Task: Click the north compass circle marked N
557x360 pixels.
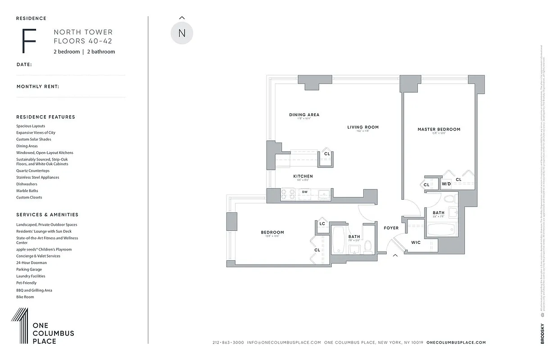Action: (x=182, y=33)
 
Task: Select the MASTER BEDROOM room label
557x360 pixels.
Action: (x=439, y=130)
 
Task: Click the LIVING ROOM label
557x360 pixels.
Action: (x=363, y=127)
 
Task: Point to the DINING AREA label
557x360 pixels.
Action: (x=304, y=115)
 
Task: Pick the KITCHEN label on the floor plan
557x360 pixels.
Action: (x=303, y=176)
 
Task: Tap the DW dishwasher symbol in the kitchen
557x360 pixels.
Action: (x=305, y=192)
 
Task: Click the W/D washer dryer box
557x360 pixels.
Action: (x=446, y=184)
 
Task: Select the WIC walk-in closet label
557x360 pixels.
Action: (x=416, y=243)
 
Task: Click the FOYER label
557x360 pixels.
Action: (x=391, y=228)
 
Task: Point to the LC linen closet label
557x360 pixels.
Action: (x=322, y=224)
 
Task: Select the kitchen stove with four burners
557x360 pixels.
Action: (x=288, y=194)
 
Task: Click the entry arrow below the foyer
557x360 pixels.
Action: (x=396, y=256)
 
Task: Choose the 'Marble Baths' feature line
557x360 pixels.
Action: (x=24, y=191)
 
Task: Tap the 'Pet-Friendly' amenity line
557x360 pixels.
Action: (x=26, y=283)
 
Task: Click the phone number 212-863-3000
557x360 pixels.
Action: (x=228, y=342)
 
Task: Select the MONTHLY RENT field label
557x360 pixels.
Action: (x=38, y=86)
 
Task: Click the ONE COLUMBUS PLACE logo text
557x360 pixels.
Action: (x=53, y=333)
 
